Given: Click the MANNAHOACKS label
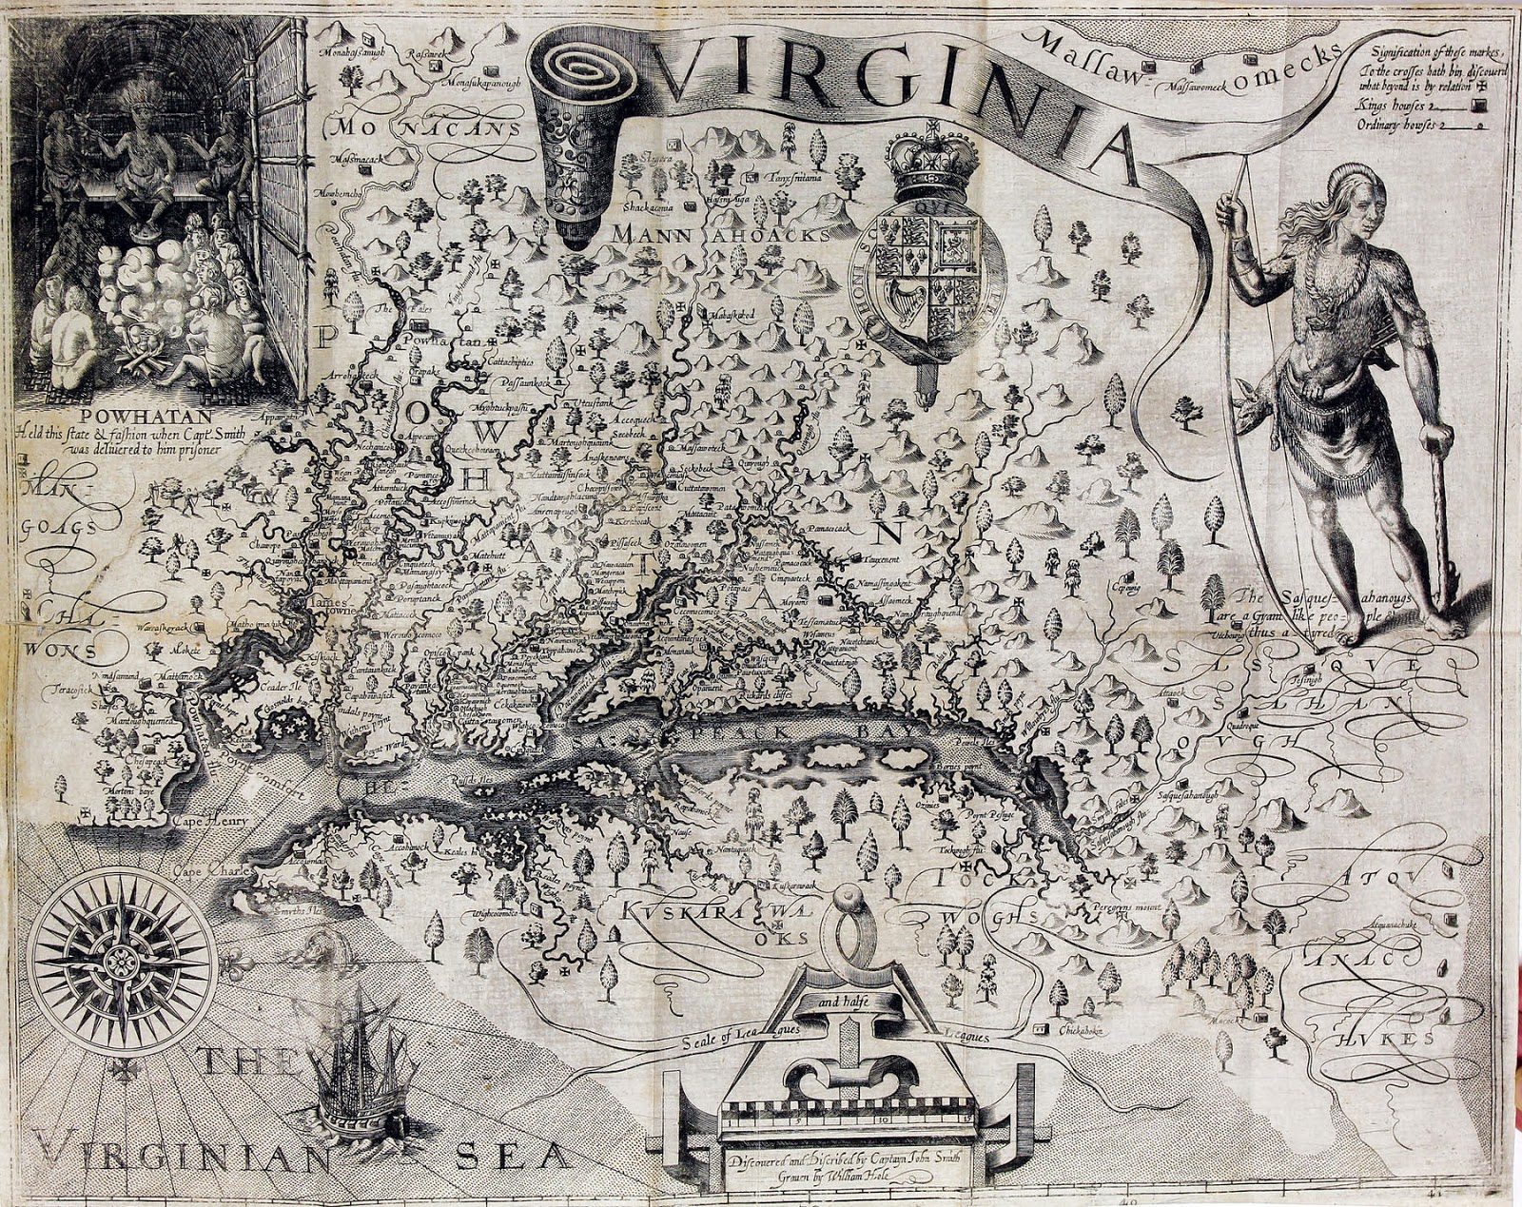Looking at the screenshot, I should click(x=722, y=233).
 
